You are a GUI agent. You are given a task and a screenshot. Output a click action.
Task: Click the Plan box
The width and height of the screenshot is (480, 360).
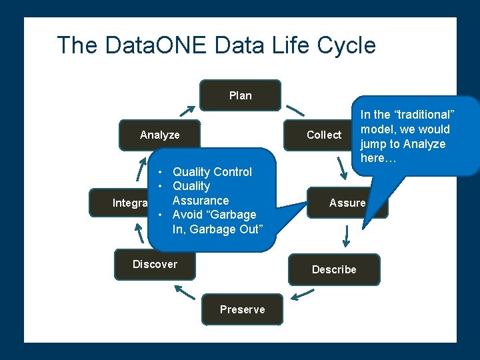[x=240, y=95]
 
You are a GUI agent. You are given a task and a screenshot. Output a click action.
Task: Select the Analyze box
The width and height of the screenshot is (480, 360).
[x=159, y=135]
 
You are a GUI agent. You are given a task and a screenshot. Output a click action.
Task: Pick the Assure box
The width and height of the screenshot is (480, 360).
[x=347, y=203]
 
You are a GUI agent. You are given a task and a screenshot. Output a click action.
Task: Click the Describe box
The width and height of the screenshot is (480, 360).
[x=334, y=269]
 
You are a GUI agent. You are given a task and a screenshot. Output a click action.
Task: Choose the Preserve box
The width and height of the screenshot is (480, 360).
[x=242, y=309]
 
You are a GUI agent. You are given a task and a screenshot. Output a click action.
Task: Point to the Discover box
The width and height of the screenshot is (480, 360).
[x=155, y=264]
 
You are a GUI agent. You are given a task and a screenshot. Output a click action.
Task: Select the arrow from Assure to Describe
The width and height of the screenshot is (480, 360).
[x=347, y=235]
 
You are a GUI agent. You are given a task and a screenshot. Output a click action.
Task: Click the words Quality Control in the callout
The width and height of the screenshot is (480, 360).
[x=212, y=172]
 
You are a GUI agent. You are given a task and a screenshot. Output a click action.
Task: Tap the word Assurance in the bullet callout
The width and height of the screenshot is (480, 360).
[x=200, y=201]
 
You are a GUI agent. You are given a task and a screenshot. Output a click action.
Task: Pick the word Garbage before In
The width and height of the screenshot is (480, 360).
[x=233, y=215]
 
